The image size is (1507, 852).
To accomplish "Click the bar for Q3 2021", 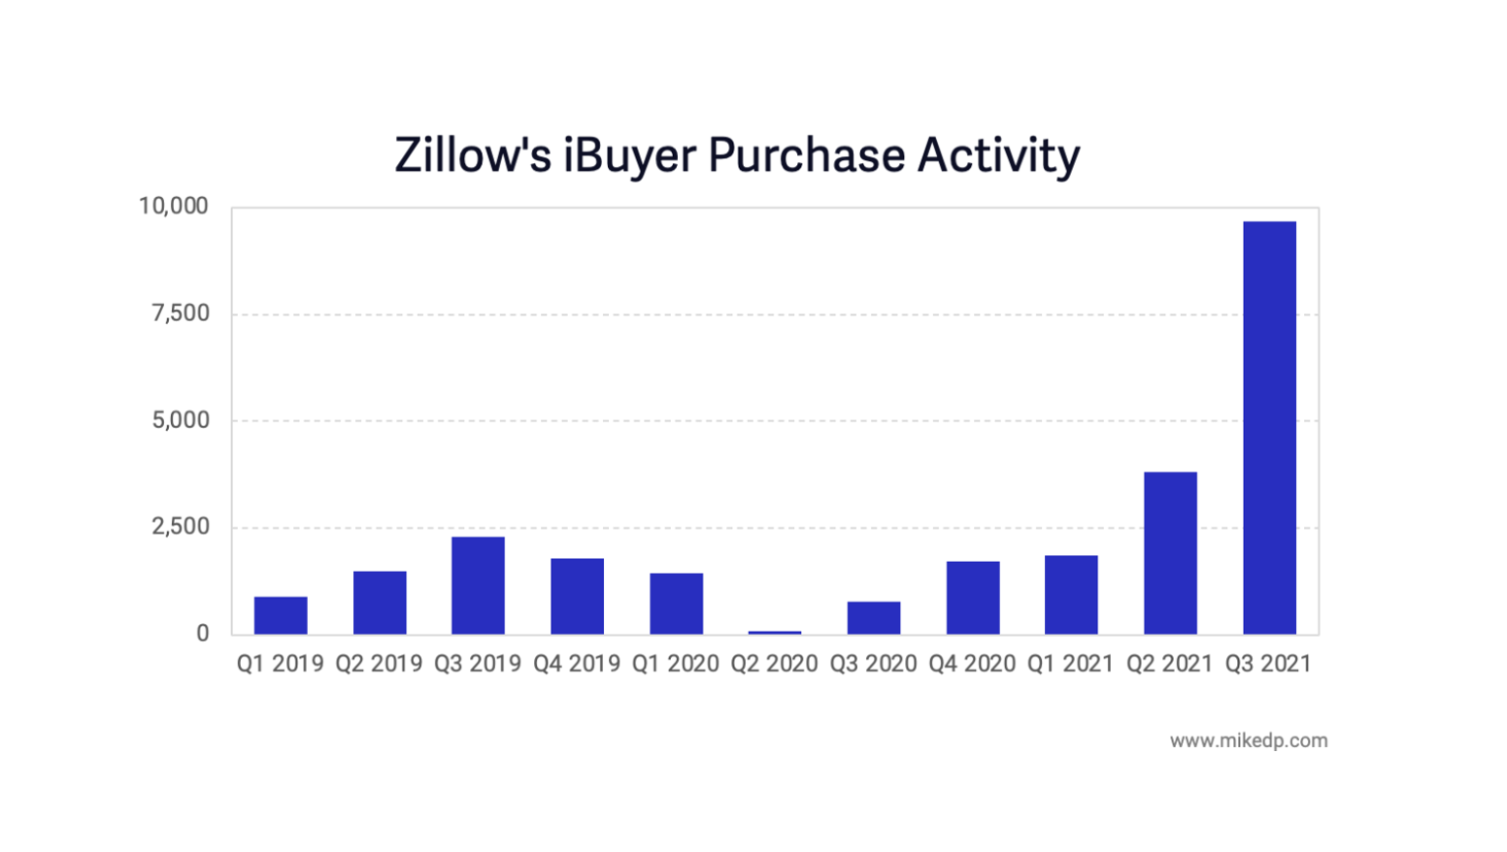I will point(1269,427).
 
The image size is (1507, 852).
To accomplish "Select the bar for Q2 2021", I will point(1170,553).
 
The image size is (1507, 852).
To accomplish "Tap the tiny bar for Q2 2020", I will point(775,632).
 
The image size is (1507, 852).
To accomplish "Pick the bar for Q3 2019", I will point(478,585).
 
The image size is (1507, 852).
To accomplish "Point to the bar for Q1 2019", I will point(281,615).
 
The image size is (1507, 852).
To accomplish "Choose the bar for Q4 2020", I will point(973,598).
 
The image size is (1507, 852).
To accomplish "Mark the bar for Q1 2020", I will point(676,604).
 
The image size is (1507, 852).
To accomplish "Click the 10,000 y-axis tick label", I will point(174,206).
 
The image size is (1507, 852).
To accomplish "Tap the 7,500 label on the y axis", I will point(181,313).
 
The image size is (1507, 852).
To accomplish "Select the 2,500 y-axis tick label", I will point(181,527).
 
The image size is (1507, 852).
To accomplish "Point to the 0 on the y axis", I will point(202,634).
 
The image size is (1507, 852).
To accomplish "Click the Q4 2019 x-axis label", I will point(577,664).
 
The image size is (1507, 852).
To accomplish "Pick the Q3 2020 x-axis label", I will point(873,664).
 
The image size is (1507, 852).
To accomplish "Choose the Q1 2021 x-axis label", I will point(1071,664).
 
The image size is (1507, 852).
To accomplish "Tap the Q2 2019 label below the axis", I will point(379,664).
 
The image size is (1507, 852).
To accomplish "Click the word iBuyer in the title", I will point(629,156).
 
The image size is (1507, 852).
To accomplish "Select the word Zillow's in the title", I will point(473,156).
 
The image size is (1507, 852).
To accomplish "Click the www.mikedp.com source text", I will point(1248,740).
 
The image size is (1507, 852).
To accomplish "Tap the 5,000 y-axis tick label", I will point(181,420).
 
